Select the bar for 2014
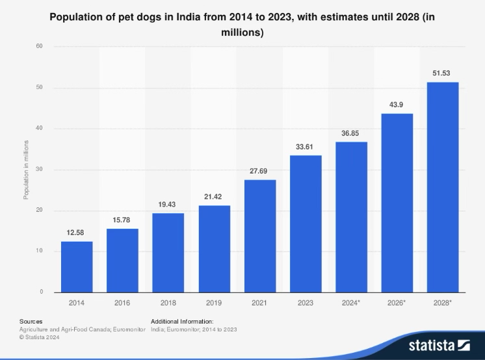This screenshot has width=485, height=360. (77, 266)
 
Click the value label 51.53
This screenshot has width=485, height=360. (442, 73)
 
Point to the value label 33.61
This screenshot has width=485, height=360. (306, 147)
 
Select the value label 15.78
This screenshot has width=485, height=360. (122, 220)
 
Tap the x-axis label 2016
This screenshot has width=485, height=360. (122, 303)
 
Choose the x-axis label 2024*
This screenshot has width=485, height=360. (351, 303)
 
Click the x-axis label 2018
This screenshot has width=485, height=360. (168, 303)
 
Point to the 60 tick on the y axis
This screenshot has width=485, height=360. (40, 47)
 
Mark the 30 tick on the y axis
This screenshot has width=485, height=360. (40, 170)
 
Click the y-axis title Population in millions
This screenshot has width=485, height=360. (27, 169)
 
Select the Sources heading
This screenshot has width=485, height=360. (31, 321)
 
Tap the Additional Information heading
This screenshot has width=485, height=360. (182, 321)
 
